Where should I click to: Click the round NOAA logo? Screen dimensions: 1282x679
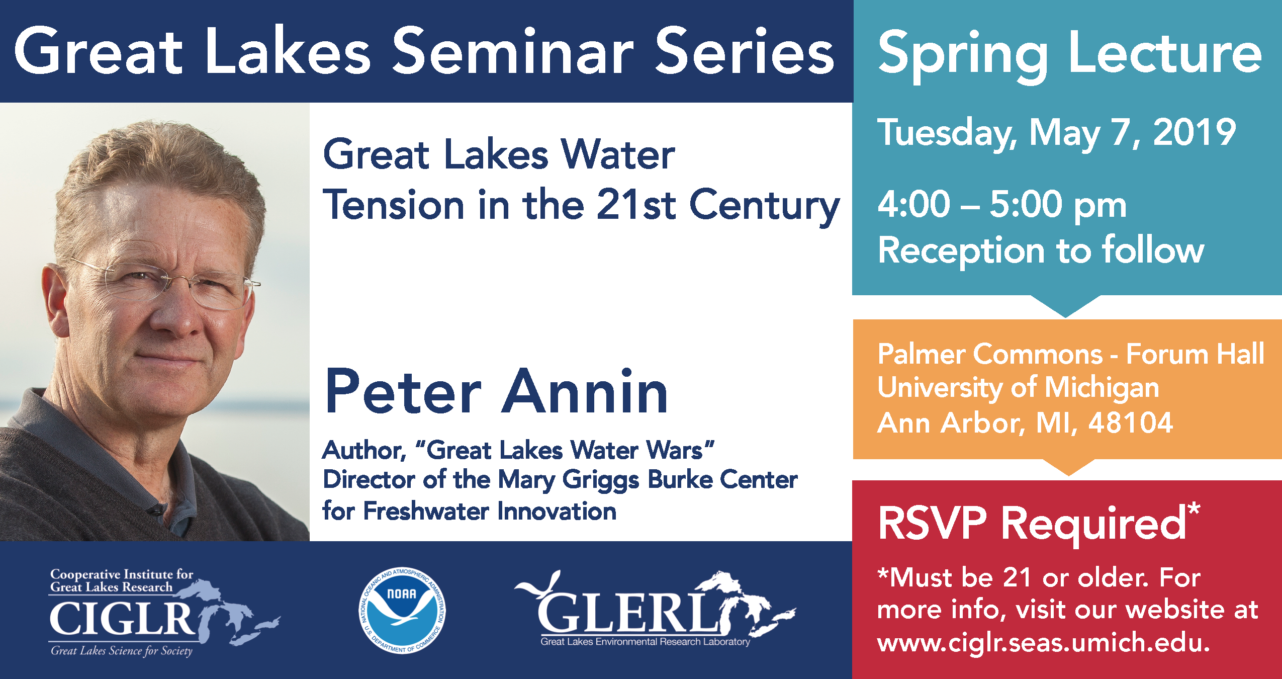pos(402,611)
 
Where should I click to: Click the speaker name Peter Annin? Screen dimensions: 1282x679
pos(496,391)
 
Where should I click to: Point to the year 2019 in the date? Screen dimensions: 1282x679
pos(1194,132)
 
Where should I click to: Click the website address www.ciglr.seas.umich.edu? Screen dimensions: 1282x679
pos(1043,642)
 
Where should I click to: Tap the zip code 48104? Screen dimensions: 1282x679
pos(1131,422)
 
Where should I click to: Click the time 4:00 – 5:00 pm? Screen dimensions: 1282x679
pos(1002,205)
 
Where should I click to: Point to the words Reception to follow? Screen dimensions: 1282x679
pos(1041,250)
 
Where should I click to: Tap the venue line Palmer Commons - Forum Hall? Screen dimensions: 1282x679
pos(1071,354)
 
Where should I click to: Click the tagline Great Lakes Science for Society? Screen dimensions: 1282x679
pos(121,651)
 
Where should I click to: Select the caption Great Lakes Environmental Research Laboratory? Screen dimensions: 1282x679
pos(646,642)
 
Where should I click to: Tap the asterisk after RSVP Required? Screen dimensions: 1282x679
pos(1194,510)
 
